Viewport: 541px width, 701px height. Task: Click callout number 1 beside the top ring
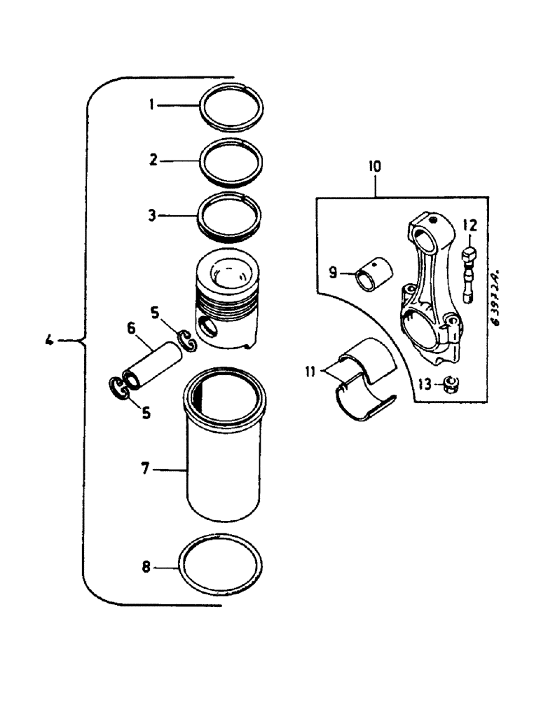click(151, 105)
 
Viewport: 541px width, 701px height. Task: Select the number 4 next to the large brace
click(48, 342)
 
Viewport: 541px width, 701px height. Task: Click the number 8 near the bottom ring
click(146, 567)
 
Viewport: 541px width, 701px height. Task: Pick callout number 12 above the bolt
click(470, 225)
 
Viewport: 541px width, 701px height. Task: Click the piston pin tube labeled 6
click(153, 358)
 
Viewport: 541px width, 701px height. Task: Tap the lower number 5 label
click(146, 413)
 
